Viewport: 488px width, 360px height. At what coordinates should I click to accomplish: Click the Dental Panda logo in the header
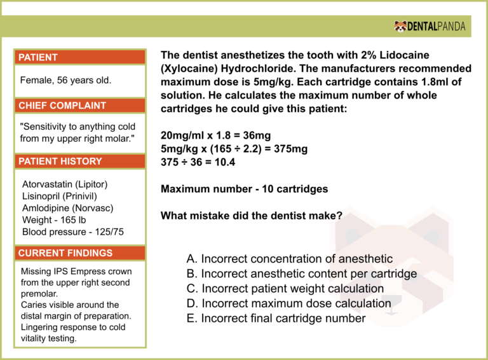(x=430, y=26)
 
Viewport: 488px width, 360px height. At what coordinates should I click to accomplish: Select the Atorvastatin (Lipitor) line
(x=65, y=184)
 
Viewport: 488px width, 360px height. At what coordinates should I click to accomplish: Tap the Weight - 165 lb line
(x=54, y=220)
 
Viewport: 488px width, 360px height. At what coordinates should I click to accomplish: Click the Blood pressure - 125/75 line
(x=72, y=232)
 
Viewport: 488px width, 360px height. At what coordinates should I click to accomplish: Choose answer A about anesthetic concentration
(x=289, y=259)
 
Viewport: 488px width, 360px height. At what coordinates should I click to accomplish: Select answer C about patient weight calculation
(x=285, y=289)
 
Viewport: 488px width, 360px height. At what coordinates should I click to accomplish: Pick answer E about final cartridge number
(x=276, y=318)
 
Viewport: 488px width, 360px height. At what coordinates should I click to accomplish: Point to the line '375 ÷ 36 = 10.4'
(x=198, y=162)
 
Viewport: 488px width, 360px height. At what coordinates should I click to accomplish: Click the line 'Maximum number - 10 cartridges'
(x=245, y=189)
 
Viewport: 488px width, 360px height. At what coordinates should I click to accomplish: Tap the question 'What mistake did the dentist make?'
(x=252, y=216)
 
